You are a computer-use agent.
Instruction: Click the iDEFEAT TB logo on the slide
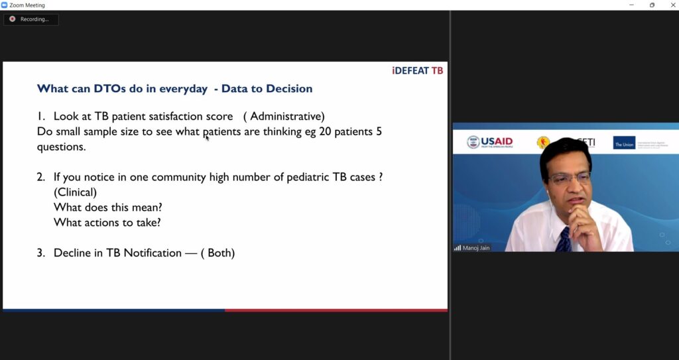[x=418, y=71]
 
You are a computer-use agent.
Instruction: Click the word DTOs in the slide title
[x=109, y=89]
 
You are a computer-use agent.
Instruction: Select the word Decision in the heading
[x=289, y=89]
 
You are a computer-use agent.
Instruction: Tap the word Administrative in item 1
[x=286, y=116]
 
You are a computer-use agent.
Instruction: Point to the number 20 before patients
[x=325, y=131]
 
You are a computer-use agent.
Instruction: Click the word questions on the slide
[x=62, y=147]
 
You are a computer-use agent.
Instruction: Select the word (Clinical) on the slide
[x=75, y=192]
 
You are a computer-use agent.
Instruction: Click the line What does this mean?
[x=108, y=208]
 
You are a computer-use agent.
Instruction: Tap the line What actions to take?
[x=107, y=223]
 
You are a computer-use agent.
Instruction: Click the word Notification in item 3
[x=153, y=253]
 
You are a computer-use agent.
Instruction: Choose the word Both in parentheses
[x=221, y=253]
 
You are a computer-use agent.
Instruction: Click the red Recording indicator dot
[x=12, y=19]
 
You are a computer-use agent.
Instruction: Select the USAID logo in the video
[x=490, y=142]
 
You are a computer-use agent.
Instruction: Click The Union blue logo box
[x=624, y=143]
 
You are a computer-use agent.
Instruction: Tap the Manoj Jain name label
[x=476, y=248]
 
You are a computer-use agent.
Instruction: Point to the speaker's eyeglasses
[x=568, y=178]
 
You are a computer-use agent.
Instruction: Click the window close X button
[x=673, y=5]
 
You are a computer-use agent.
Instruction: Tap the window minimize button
[x=631, y=5]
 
